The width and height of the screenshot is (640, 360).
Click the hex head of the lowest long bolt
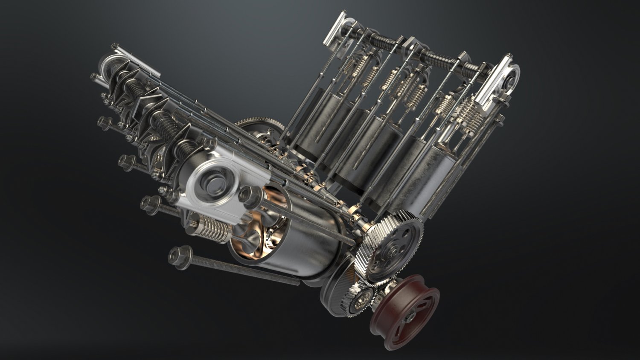coord(176,255)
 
